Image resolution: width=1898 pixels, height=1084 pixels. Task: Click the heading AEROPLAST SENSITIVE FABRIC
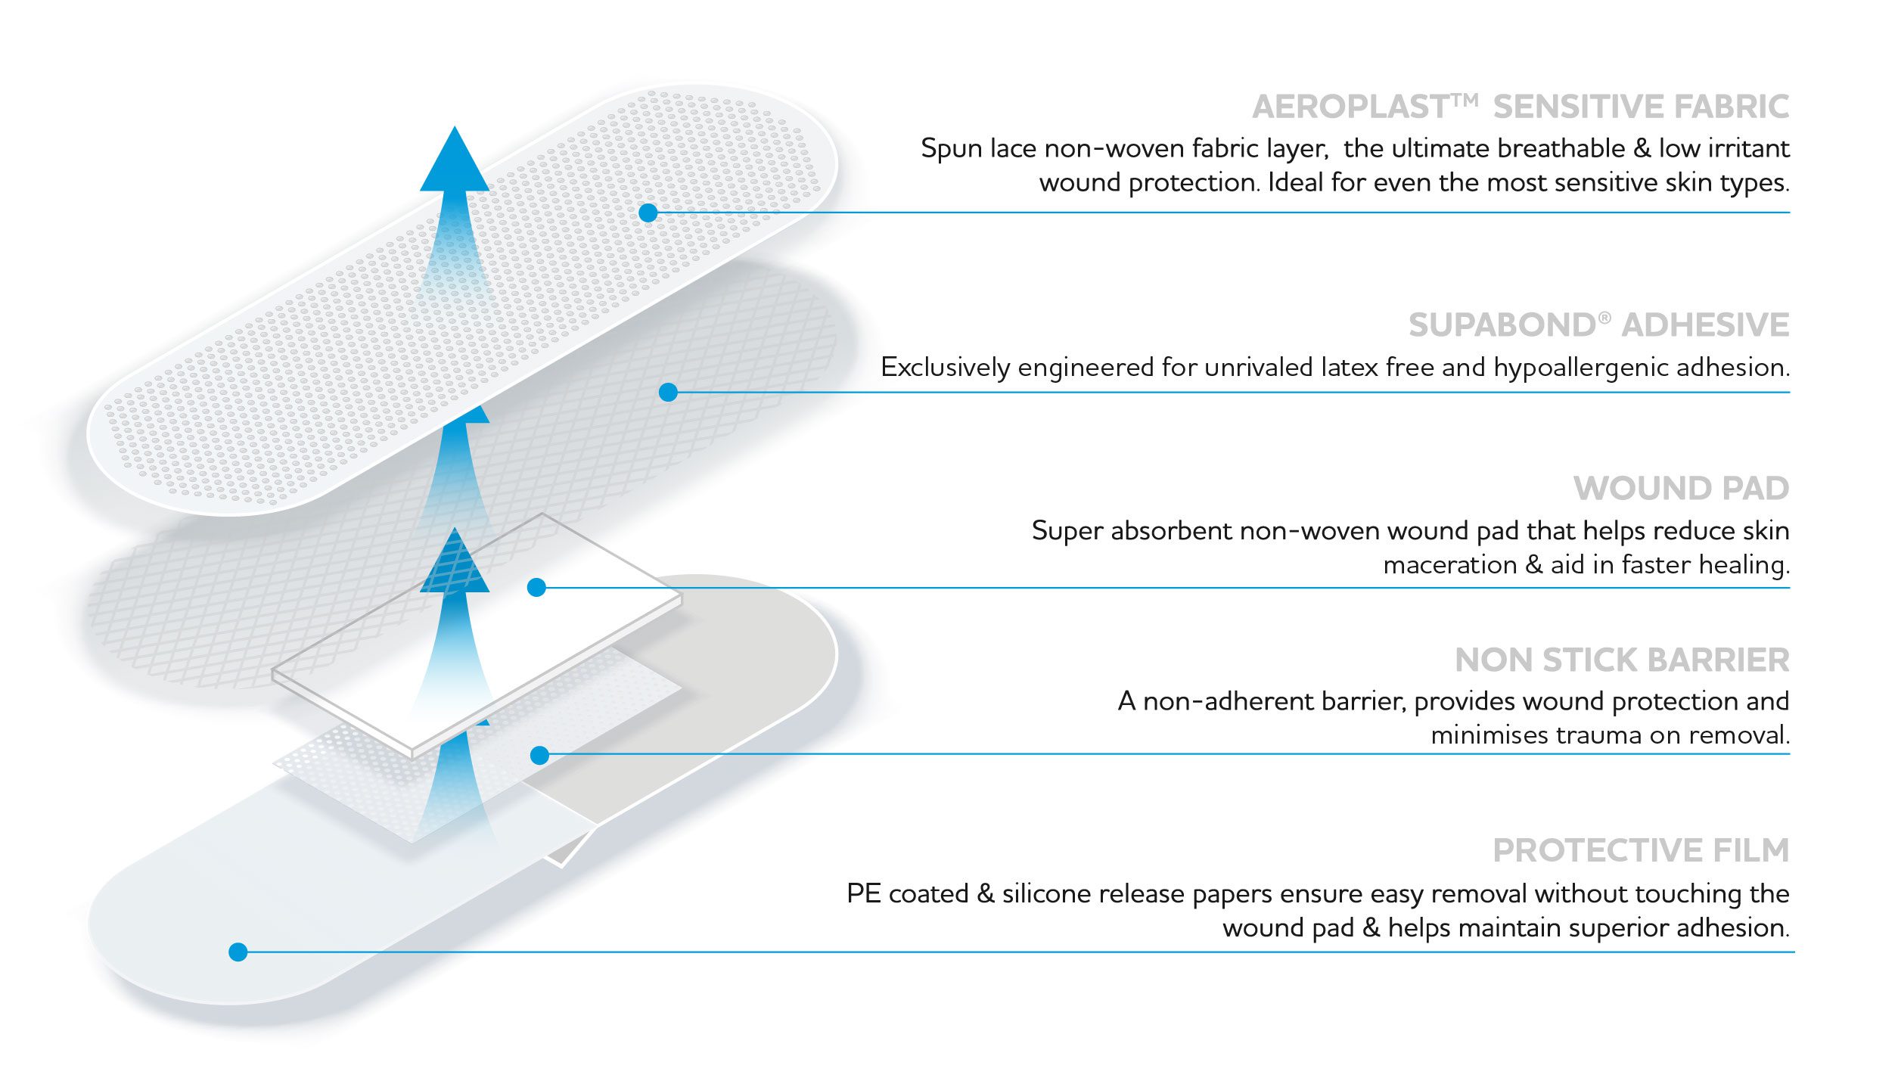[1521, 107]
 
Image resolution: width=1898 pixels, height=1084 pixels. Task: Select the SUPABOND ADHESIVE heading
[1598, 325]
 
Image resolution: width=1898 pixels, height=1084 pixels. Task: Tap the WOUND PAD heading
[1682, 489]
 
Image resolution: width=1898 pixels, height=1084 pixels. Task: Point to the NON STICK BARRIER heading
[1622, 660]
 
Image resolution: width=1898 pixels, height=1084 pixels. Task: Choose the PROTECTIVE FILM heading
[1641, 851]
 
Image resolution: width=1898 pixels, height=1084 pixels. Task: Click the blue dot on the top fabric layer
[648, 213]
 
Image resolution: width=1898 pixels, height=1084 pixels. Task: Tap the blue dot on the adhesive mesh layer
[668, 392]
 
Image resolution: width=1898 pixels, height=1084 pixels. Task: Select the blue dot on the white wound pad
[536, 587]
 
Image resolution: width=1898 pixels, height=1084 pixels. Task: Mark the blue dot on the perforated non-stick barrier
[539, 755]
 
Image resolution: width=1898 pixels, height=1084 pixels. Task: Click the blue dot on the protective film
[238, 952]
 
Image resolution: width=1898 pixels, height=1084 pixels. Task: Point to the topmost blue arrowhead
[455, 159]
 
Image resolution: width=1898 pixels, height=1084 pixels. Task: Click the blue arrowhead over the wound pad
[455, 560]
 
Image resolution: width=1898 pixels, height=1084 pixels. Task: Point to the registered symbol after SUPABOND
[1604, 318]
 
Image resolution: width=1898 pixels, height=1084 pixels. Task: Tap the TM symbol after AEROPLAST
[1465, 100]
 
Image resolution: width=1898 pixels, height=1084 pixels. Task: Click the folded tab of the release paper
[571, 847]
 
